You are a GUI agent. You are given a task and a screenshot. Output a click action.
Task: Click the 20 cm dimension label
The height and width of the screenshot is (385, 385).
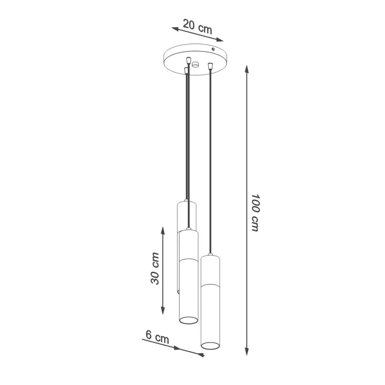coord(197,27)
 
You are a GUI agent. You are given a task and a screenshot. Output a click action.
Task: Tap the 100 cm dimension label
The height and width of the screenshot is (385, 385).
coord(255,212)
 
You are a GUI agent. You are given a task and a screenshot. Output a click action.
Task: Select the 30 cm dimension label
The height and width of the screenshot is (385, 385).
coord(155,268)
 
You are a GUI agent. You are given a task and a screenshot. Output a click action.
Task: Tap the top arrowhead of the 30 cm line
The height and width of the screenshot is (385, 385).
coord(163,231)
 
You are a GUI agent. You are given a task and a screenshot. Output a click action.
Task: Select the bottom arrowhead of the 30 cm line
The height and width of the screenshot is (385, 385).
coord(163,310)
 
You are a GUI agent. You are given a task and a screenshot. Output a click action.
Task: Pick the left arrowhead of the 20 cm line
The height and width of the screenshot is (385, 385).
coord(175,29)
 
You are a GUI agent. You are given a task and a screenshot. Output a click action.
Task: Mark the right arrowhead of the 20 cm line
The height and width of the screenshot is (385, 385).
coord(219,40)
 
